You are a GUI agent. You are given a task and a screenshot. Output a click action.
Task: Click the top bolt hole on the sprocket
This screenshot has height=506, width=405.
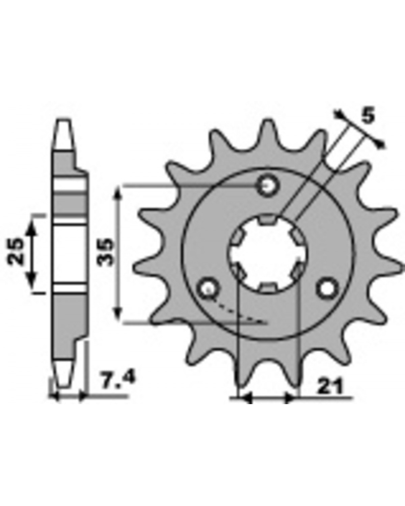tap(268, 186)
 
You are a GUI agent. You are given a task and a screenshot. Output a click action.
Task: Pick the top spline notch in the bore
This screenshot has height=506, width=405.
tap(268, 219)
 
